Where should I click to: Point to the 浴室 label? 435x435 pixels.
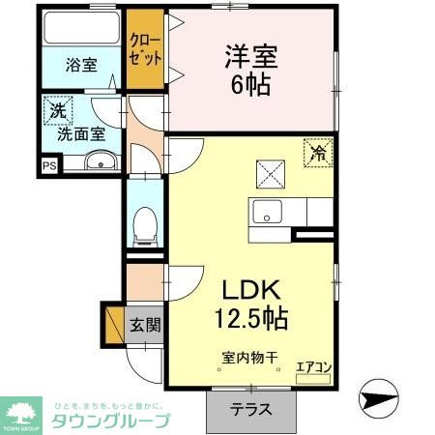click(x=81, y=66)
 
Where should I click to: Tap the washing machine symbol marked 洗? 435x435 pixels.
click(x=57, y=111)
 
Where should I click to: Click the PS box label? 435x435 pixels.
click(x=49, y=166)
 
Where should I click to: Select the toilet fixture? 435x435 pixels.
click(x=145, y=223)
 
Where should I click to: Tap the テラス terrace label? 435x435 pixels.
click(x=250, y=409)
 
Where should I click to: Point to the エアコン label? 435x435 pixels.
click(x=312, y=366)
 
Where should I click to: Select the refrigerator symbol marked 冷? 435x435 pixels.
click(x=316, y=152)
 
